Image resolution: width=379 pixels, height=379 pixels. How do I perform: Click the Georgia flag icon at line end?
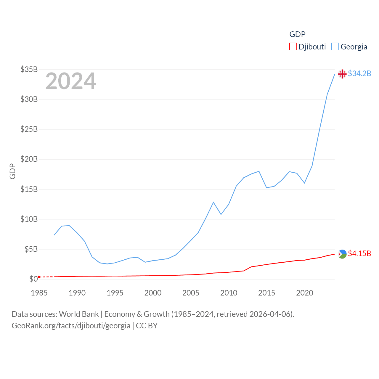tap(342, 74)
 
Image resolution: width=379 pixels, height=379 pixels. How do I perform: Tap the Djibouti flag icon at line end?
tap(342, 254)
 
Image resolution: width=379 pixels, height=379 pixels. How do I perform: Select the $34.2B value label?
tap(359, 73)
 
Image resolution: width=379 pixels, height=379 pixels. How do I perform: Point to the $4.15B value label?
tap(359, 253)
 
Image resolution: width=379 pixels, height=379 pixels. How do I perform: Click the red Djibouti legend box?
tap(293, 47)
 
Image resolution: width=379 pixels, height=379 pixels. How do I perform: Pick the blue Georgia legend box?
tap(335, 47)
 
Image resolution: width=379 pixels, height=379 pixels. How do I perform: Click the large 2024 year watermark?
tap(70, 81)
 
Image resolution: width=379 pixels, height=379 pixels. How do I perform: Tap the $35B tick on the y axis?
tap(29, 69)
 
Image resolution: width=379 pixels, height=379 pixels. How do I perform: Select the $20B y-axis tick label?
tap(29, 159)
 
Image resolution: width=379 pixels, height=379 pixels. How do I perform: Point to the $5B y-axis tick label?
tap(31, 249)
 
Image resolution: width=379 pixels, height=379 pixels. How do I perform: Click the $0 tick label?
tap(33, 279)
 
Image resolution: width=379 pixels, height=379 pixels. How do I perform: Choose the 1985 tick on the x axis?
tap(39, 293)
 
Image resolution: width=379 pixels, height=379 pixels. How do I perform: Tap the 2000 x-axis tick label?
tap(153, 293)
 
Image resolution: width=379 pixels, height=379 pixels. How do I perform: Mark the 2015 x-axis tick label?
tap(266, 293)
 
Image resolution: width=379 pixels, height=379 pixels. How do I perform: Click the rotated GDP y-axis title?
tap(12, 171)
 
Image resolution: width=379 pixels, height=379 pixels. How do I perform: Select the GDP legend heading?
tap(297, 34)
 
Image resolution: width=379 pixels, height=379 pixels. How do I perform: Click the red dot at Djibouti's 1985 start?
tap(39, 277)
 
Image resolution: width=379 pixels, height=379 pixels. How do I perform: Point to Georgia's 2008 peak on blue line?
tap(213, 202)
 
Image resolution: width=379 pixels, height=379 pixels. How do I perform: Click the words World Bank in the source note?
tap(79, 314)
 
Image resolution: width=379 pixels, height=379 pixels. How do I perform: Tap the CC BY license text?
tap(147, 326)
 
